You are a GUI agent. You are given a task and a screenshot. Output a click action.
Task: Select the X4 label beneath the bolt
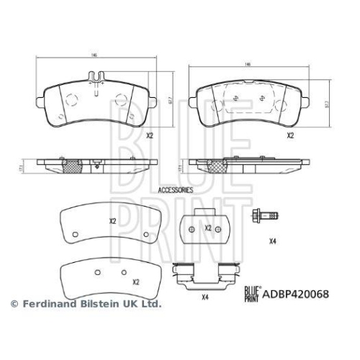272,240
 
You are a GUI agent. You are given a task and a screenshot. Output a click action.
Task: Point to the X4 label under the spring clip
204,297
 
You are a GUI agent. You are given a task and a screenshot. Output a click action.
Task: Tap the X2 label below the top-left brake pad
150,135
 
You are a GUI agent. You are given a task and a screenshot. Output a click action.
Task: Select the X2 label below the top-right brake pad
291,135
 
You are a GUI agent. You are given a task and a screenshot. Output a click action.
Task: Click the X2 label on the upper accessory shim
112,221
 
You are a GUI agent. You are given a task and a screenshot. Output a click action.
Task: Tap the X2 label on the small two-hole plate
208,228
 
